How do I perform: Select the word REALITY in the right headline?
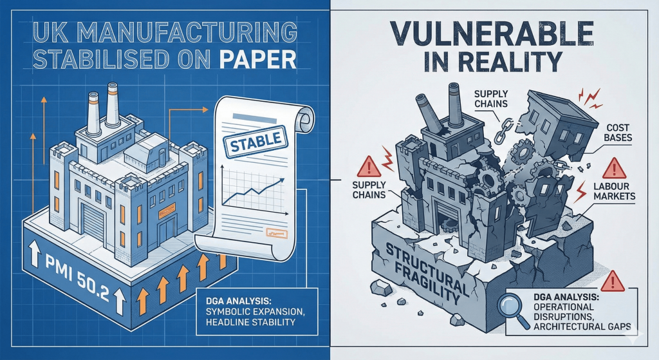coord(508,61)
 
